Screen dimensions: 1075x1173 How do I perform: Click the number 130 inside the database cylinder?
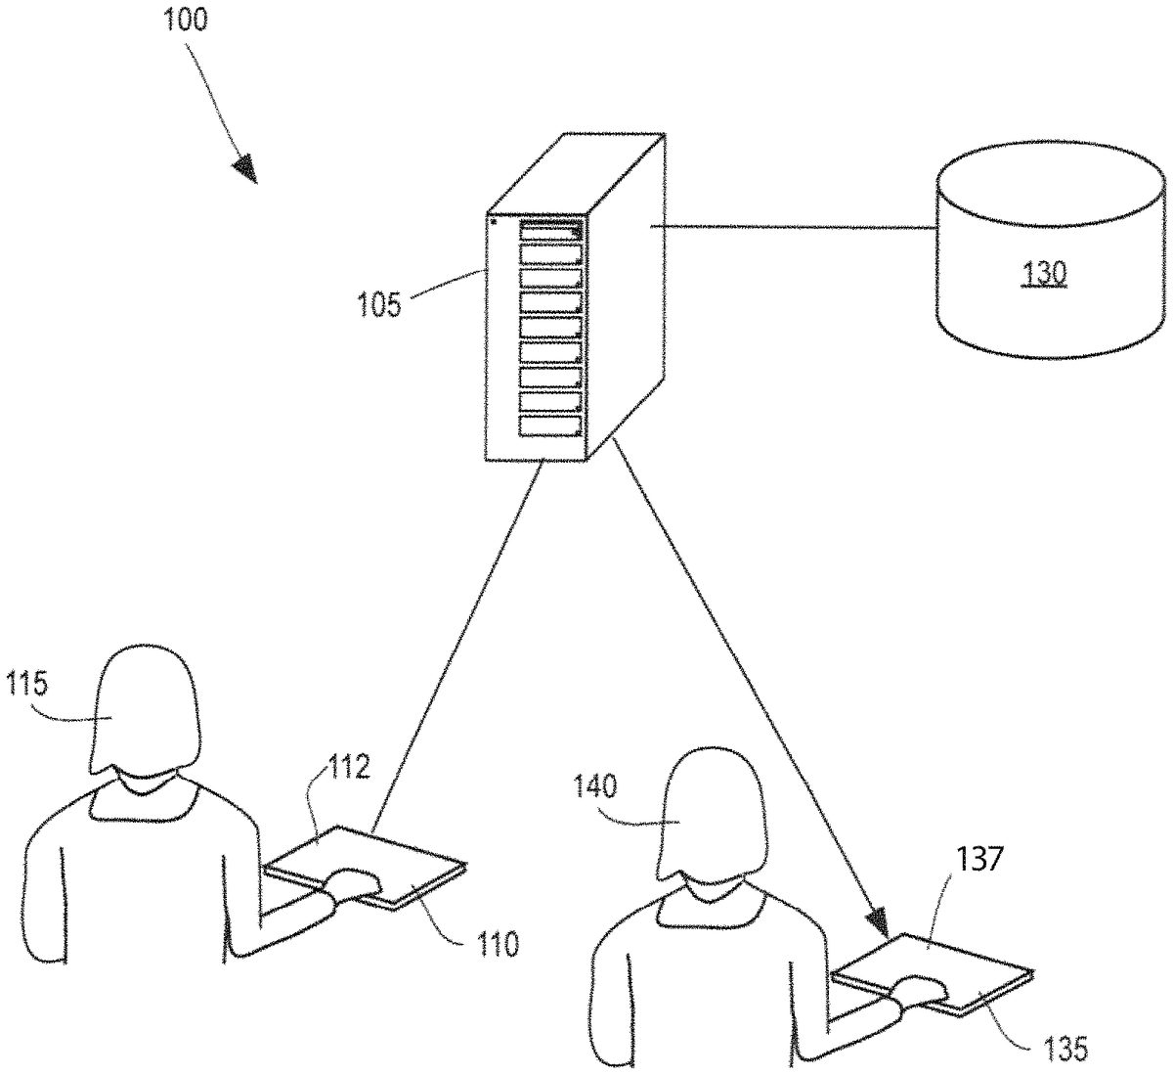(1045, 275)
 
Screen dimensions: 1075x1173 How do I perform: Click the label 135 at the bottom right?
(1062, 1049)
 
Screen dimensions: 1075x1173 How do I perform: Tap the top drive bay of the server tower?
(550, 231)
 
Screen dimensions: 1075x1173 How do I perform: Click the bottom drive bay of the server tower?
(550, 426)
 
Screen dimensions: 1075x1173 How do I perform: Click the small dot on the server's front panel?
(494, 222)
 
